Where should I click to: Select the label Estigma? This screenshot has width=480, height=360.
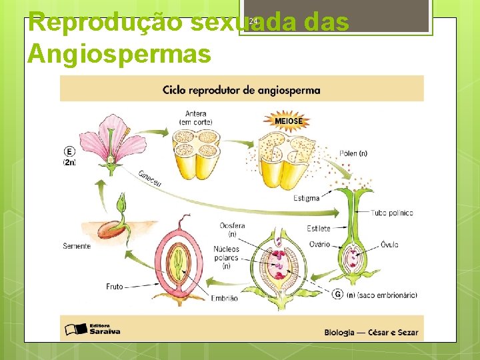(x=306, y=198)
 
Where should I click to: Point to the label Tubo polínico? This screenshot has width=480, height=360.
(x=392, y=213)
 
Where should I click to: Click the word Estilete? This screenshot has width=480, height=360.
(x=319, y=229)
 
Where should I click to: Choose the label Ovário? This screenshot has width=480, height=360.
(x=319, y=244)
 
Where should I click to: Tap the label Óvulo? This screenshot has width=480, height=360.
(x=389, y=245)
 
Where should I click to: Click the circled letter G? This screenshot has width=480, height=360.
(x=338, y=294)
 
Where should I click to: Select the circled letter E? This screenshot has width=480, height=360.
(x=69, y=151)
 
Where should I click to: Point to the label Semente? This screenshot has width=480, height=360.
(x=77, y=246)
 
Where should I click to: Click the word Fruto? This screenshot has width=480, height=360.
(x=115, y=286)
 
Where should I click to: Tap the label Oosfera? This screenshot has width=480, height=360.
(x=232, y=226)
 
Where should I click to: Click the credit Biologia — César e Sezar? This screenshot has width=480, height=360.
(x=371, y=332)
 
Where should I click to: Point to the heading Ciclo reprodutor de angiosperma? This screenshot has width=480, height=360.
(x=241, y=90)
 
